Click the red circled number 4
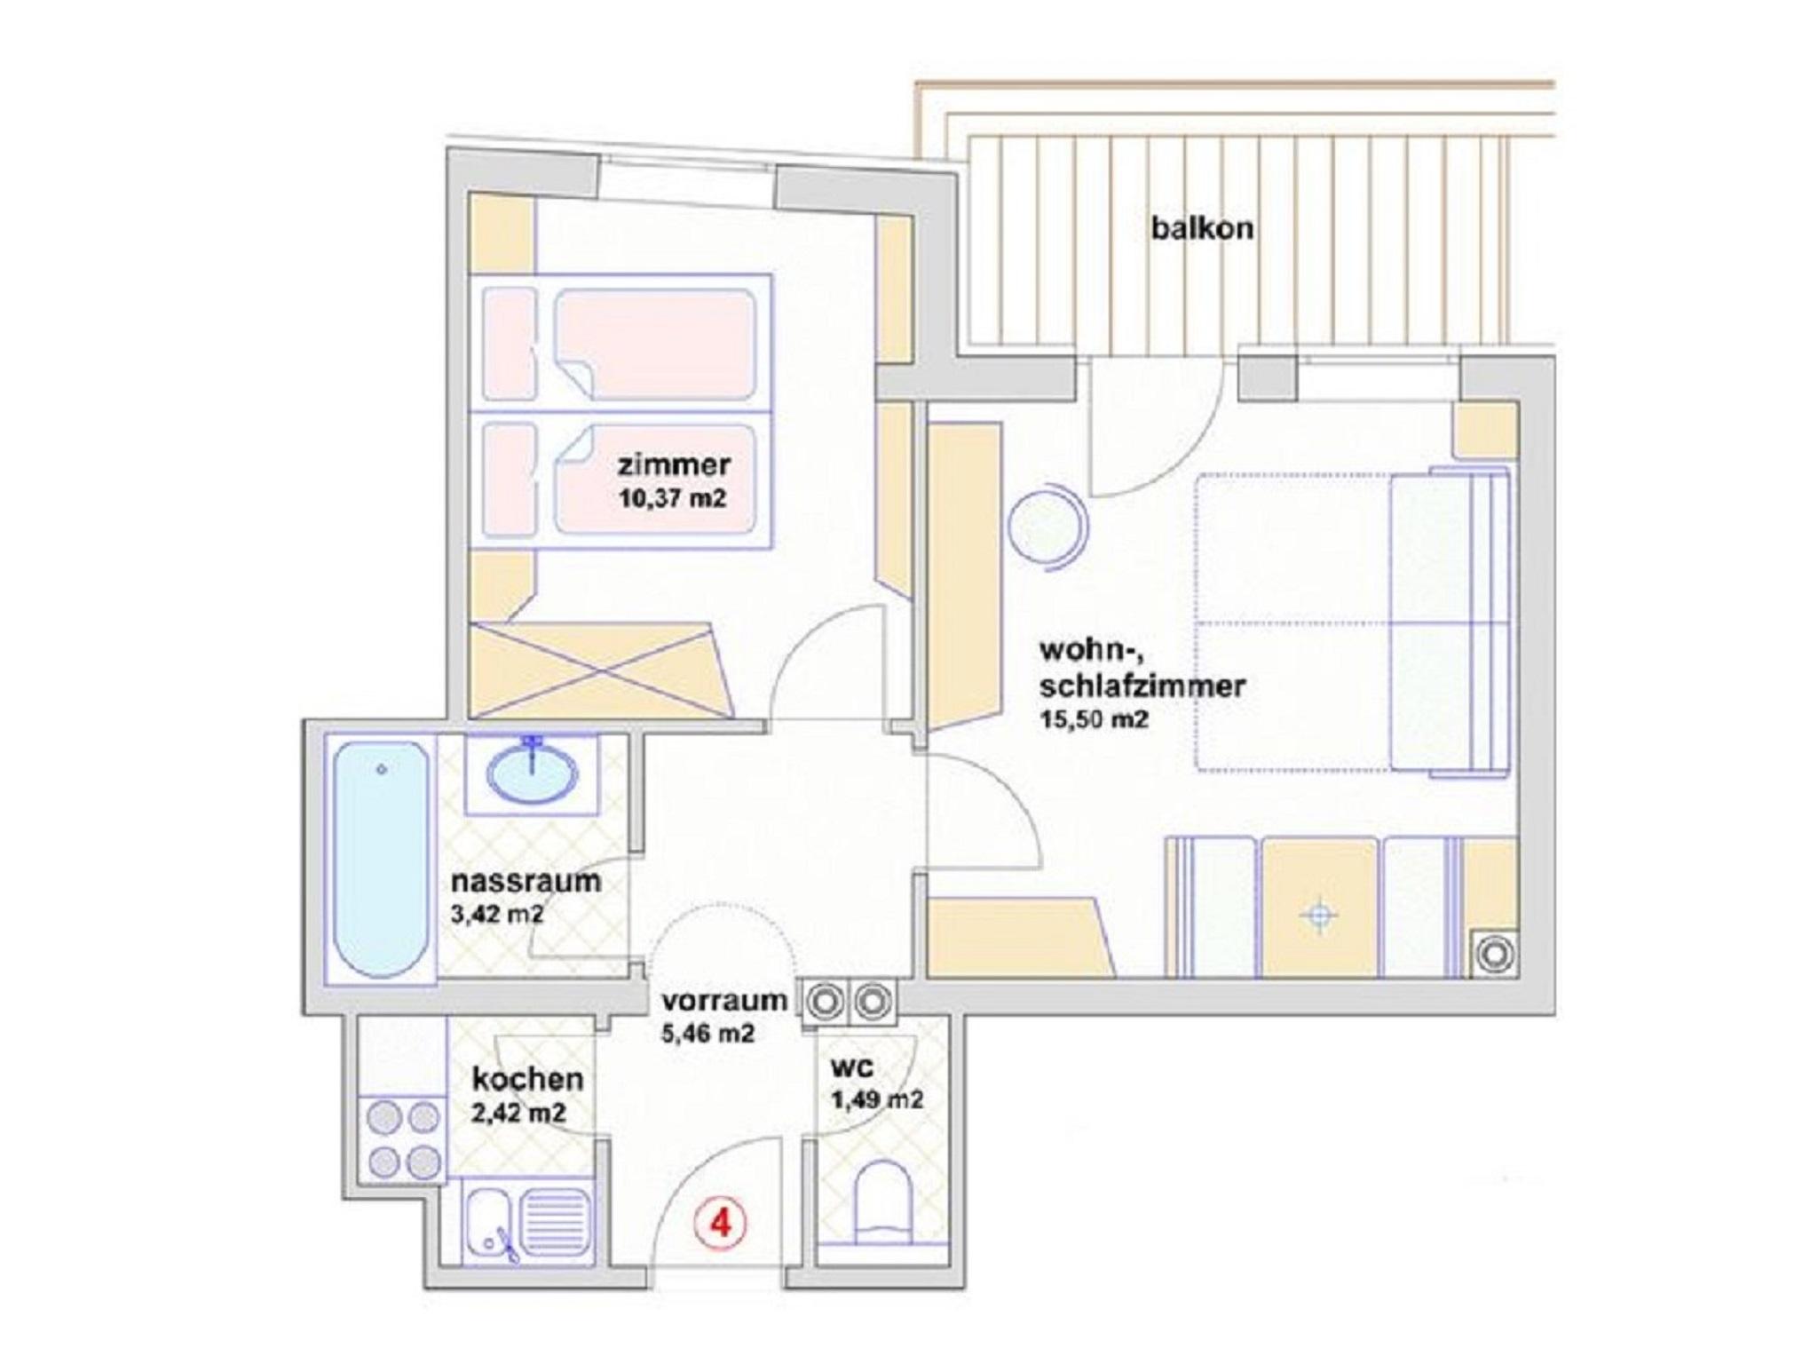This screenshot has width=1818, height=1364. pyautogui.click(x=720, y=1225)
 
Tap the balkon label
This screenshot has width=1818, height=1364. pyautogui.click(x=1202, y=228)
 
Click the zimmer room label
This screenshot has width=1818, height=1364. pyautogui.click(x=674, y=464)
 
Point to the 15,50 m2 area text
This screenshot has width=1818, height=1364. pyautogui.click(x=1094, y=718)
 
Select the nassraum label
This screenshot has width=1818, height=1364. pyautogui.click(x=526, y=882)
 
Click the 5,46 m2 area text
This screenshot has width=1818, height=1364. pyautogui.click(x=707, y=1034)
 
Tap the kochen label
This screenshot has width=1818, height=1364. pyautogui.click(x=527, y=1079)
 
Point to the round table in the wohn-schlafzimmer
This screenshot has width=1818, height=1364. pyautogui.click(x=1047, y=528)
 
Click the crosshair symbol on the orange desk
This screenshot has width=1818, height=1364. pyautogui.click(x=1319, y=915)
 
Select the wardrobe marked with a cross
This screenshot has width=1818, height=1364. pyautogui.click(x=602, y=670)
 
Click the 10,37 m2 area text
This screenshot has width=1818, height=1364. pyautogui.click(x=672, y=498)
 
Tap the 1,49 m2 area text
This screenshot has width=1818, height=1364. pyautogui.click(x=876, y=1100)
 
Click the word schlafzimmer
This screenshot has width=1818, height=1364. pyautogui.click(x=1142, y=686)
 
